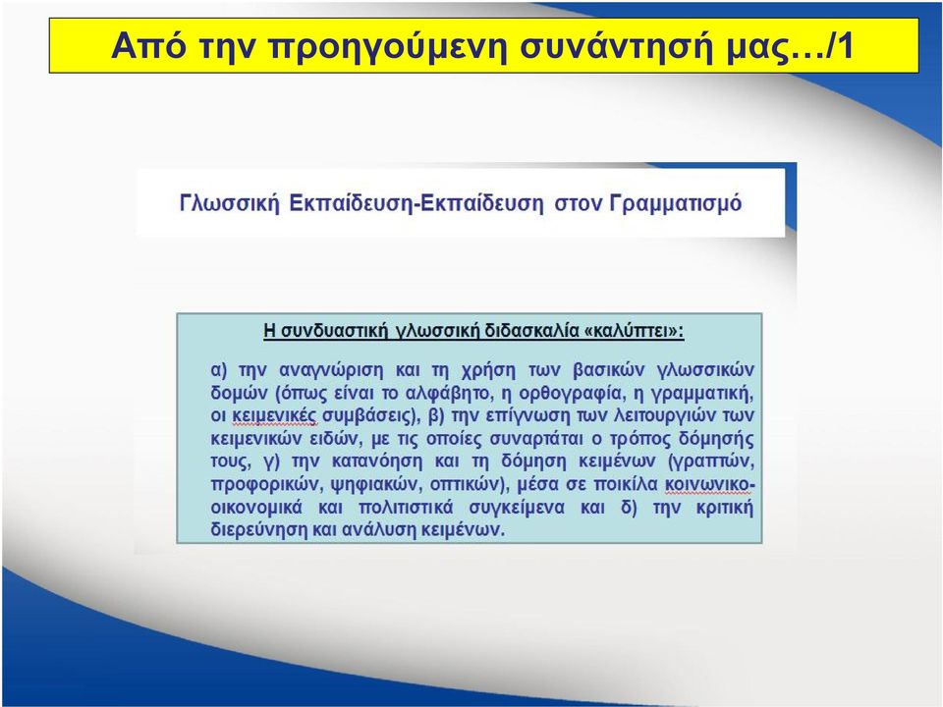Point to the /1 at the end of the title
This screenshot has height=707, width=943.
coord(841,45)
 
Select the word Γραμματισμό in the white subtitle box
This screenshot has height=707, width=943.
coord(676,204)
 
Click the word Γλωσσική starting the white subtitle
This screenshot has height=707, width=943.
coord(230,204)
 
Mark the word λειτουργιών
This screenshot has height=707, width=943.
coord(658,416)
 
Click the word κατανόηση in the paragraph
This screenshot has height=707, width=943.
coord(377,462)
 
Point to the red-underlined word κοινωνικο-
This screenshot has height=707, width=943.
coord(709,484)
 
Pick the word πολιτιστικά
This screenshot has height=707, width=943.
coord(406,508)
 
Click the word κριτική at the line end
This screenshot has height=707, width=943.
coord(725,508)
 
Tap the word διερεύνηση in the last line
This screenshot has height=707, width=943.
coord(259,529)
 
